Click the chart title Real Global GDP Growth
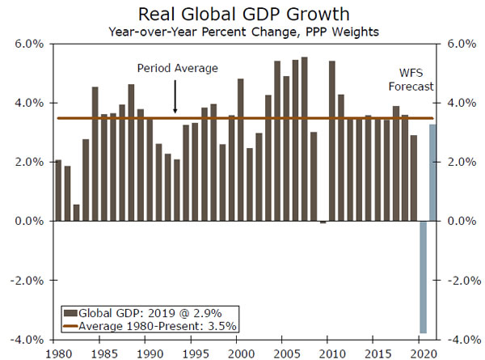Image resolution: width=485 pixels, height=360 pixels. tap(242, 14)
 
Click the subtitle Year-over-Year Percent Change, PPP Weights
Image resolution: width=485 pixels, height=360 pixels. tap(242, 31)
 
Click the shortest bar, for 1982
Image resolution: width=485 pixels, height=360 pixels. tap(76, 212)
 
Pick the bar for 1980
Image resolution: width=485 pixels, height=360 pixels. tap(57, 191)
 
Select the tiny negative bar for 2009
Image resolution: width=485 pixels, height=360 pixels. tap(323, 222)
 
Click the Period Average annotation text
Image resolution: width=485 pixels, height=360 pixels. tap(177, 69)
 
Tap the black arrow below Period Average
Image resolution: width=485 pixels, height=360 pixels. tap(175, 100)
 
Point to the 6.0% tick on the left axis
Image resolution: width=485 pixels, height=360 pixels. tap(29, 44)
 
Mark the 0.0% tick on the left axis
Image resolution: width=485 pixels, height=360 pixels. tap(29, 221)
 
